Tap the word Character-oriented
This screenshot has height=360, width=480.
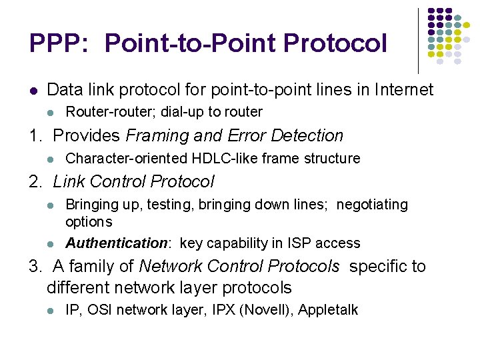[x=127, y=159]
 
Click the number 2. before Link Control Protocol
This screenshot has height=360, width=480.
[x=35, y=181]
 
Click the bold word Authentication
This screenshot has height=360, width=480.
[x=116, y=243]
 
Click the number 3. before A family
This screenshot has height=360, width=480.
[x=35, y=267]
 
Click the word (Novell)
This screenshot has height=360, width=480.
[x=273, y=310]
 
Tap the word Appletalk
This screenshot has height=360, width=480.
[x=328, y=310]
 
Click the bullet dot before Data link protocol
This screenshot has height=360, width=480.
[x=33, y=90]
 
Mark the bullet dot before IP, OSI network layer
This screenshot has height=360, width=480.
[x=51, y=311]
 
